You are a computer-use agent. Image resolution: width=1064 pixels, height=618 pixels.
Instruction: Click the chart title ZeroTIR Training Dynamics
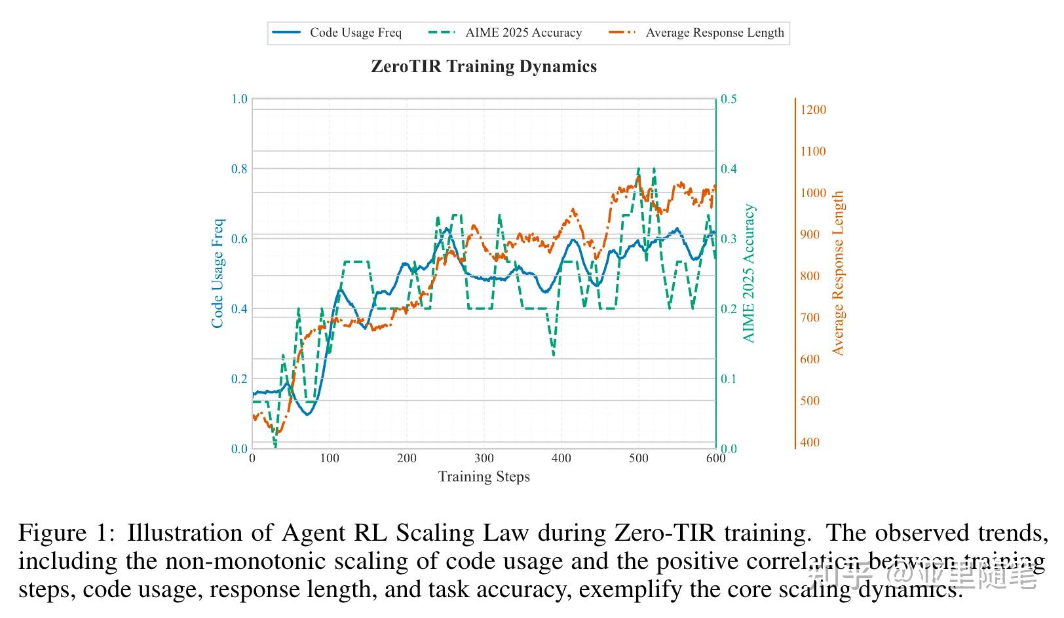click(x=484, y=67)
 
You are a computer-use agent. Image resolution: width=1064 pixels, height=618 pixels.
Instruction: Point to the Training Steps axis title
click(x=484, y=477)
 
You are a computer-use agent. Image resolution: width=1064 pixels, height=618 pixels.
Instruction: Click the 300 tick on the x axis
click(x=484, y=458)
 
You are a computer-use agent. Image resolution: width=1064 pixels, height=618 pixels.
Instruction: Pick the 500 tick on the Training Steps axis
click(x=639, y=458)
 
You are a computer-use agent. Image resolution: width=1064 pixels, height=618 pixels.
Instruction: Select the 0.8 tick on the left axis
click(x=239, y=169)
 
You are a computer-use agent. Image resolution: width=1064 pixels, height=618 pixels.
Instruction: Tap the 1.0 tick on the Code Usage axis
click(x=239, y=99)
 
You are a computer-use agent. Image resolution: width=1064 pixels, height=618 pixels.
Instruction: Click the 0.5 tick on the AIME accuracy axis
click(x=729, y=99)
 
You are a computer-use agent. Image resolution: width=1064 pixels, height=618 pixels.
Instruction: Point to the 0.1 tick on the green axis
click(x=729, y=379)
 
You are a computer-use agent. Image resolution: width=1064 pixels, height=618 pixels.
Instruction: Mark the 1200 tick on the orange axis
click(x=813, y=110)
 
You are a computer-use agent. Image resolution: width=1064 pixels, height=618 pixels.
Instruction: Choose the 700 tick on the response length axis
click(x=810, y=318)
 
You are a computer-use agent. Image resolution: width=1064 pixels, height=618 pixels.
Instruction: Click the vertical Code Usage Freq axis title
click(x=218, y=273)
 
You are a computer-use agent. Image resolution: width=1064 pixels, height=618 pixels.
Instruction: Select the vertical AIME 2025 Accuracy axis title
click(x=749, y=273)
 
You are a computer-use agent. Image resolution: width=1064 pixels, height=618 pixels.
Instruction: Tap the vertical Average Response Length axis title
click(x=838, y=273)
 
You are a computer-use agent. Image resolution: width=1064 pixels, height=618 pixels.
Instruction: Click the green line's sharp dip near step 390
click(x=554, y=355)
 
